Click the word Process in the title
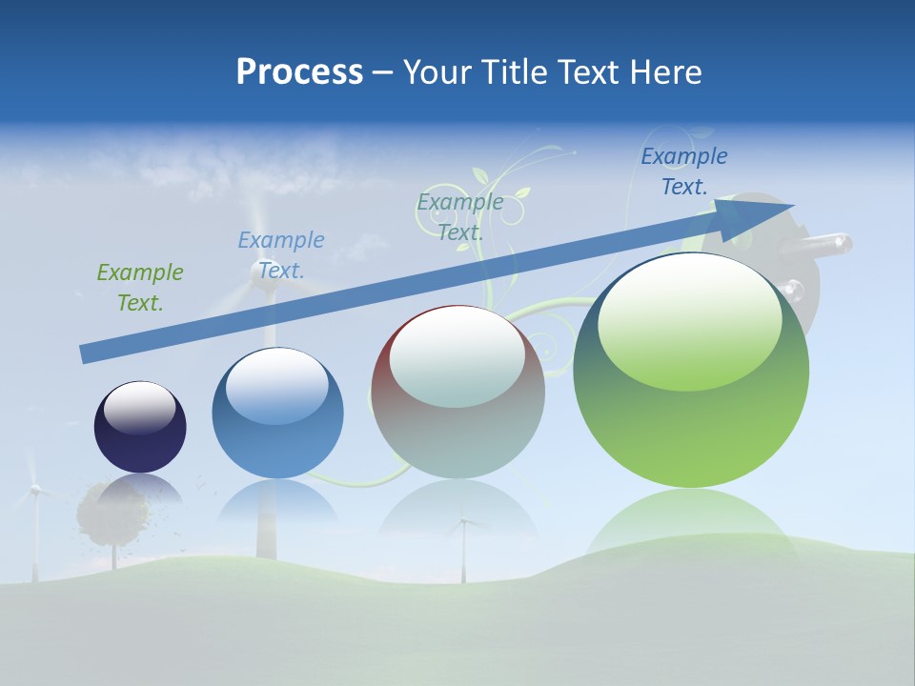coord(299,72)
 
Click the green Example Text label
coord(140,288)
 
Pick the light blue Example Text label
coord(281,255)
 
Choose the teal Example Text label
coord(460,216)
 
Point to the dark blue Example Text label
coord(684,171)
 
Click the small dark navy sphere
coord(140,438)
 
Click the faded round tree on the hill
coord(112,514)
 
